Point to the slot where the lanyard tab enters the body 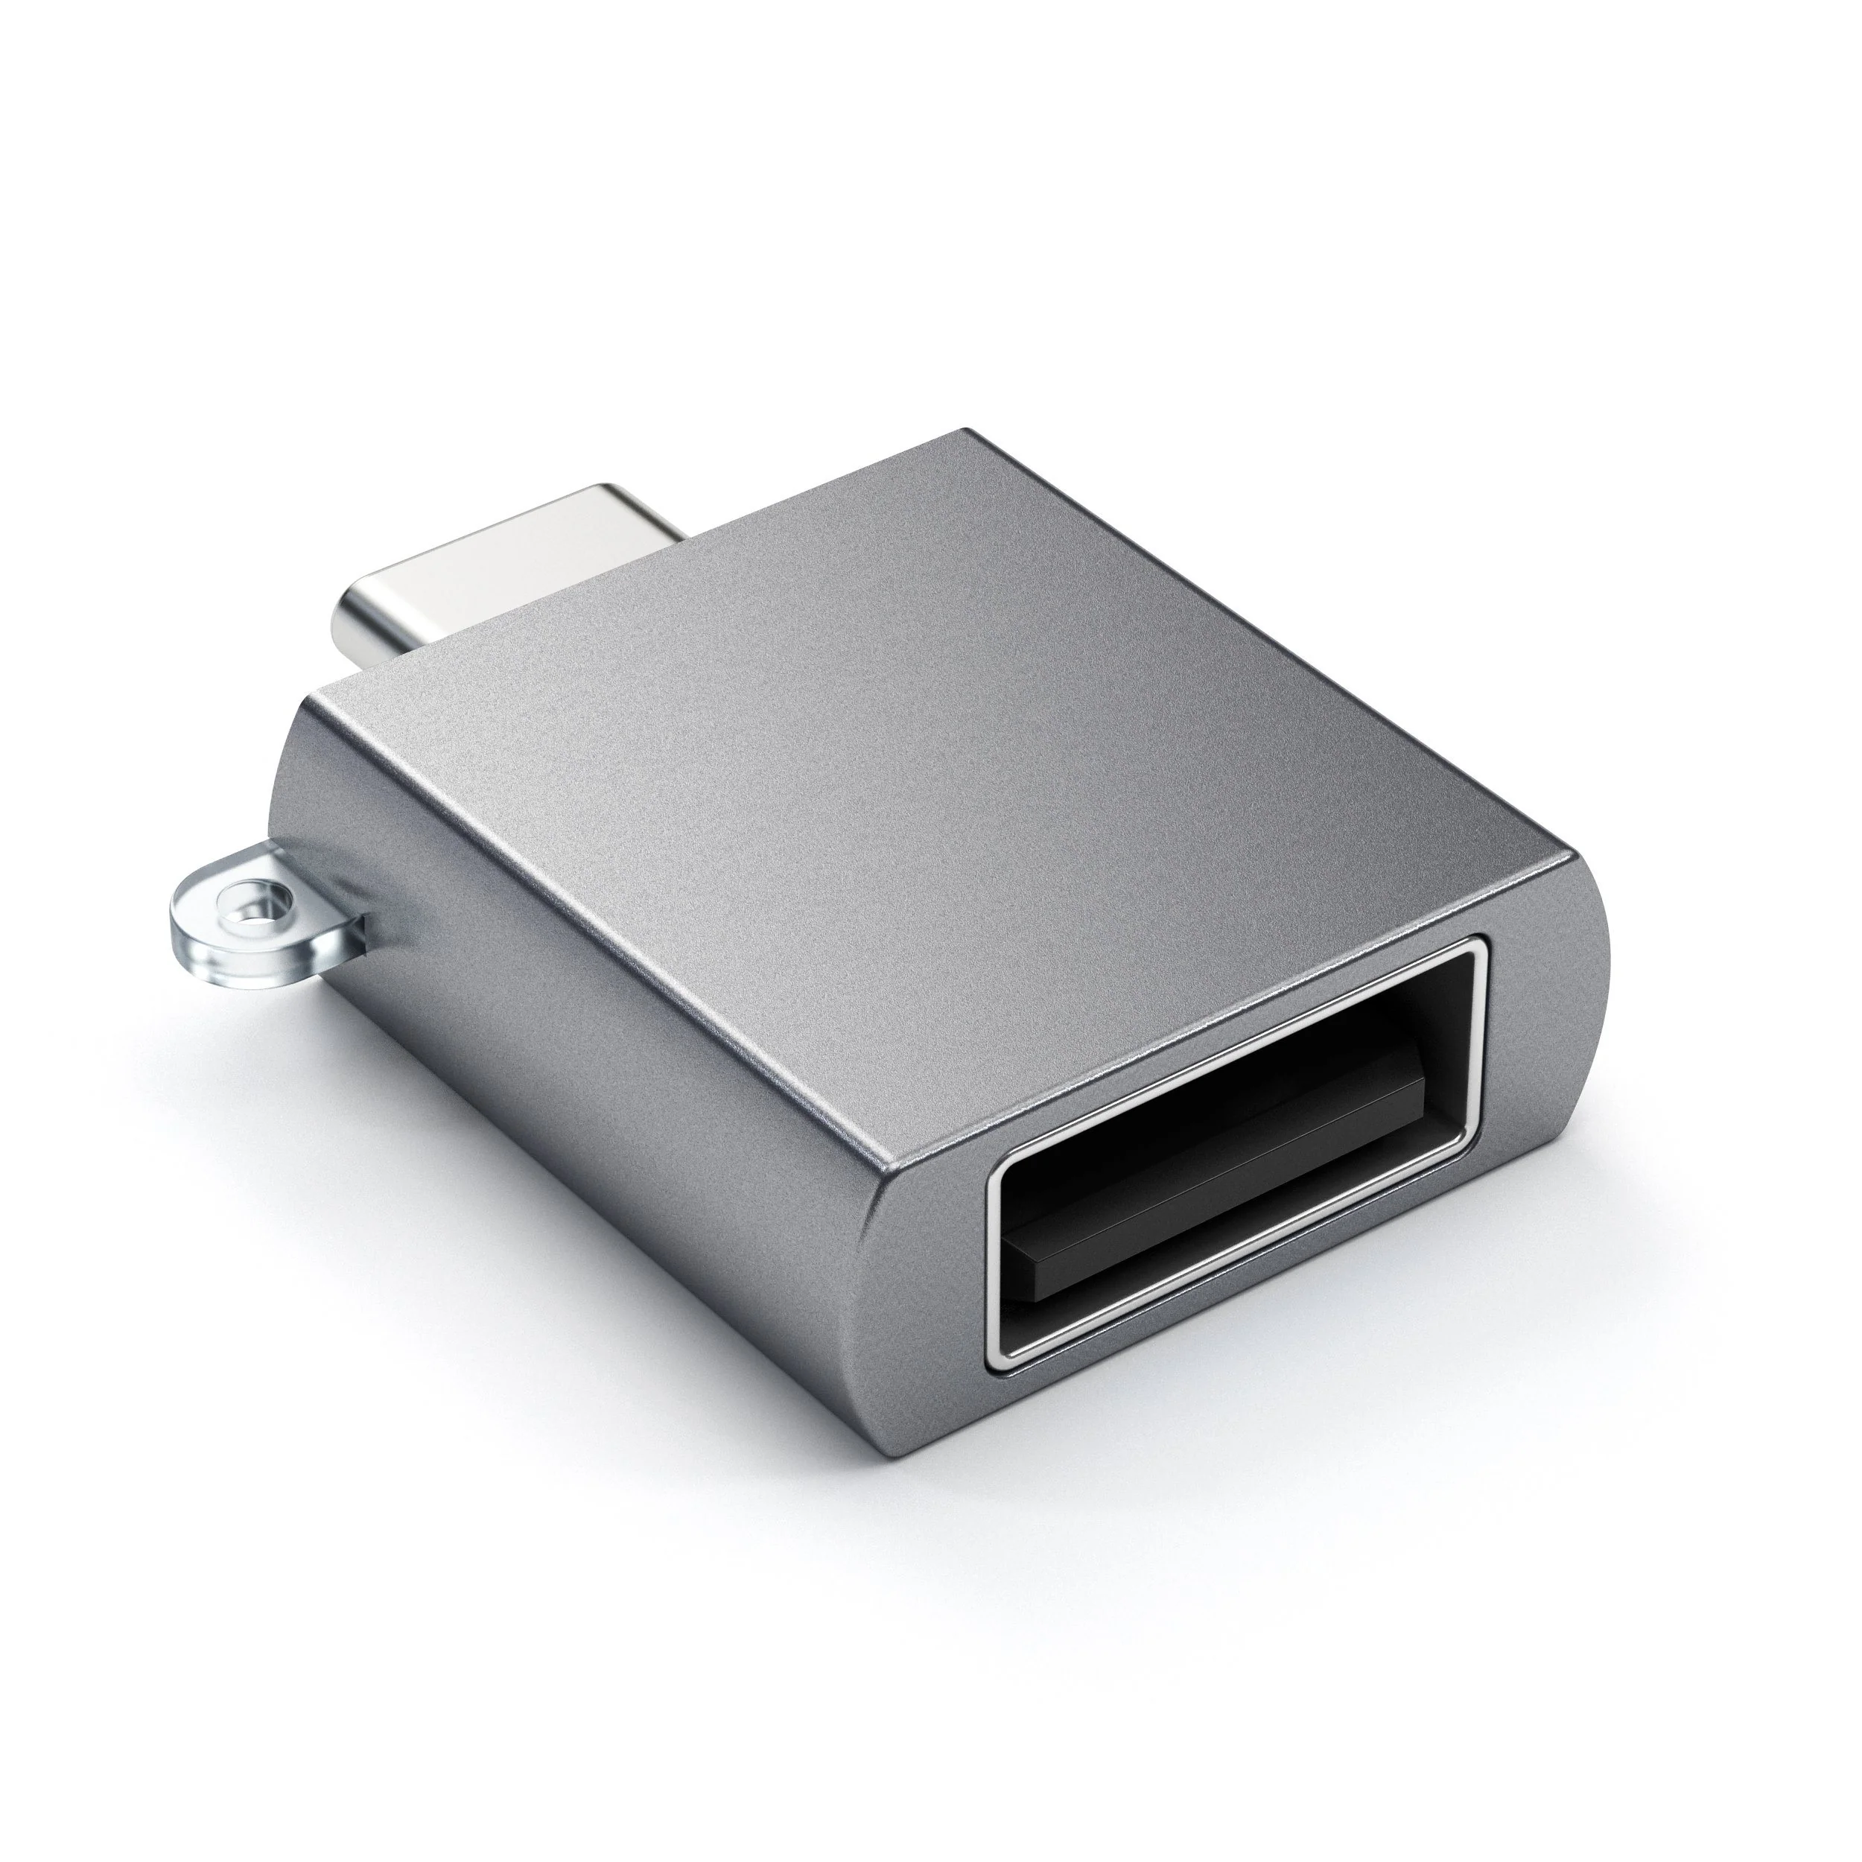(x=366, y=921)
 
